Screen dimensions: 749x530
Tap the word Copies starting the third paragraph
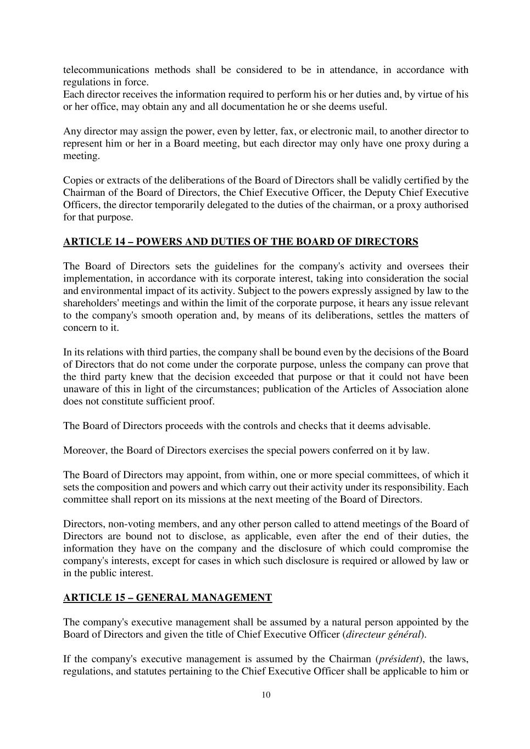[79, 181]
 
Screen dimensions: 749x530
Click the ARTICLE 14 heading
[241, 241]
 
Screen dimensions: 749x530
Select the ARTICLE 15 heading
[168, 598]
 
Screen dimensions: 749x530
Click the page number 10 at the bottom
[266, 695]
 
